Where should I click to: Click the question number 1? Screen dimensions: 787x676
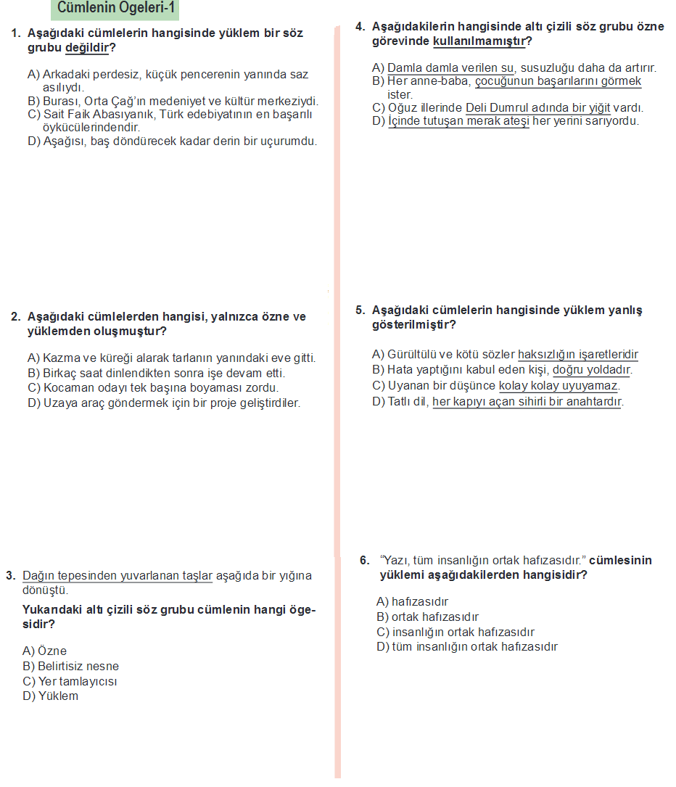point(15,33)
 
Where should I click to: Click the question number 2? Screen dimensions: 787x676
point(15,317)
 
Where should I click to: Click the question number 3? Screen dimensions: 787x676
point(10,576)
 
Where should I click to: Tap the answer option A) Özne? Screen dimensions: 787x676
point(45,651)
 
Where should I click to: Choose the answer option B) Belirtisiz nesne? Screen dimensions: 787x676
point(71,667)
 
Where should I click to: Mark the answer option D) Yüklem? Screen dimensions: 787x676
point(51,696)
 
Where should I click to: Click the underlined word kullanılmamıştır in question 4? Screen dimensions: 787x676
point(479,41)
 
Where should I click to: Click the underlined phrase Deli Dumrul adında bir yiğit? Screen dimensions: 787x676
point(537,108)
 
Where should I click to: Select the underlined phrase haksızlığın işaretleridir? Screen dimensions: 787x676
point(578,355)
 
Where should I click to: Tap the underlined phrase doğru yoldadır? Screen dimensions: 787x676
point(591,370)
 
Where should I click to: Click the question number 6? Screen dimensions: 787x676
point(365,561)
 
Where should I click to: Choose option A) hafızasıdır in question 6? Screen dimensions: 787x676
point(413,602)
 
